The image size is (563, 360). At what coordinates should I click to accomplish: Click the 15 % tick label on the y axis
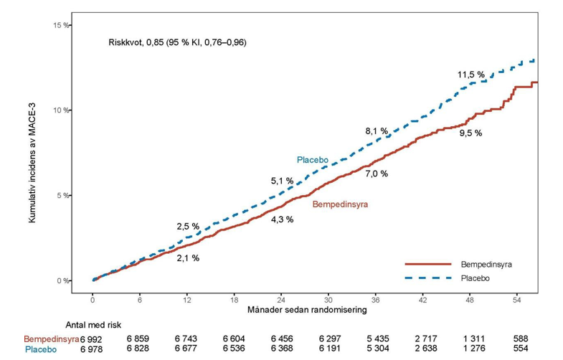(61, 26)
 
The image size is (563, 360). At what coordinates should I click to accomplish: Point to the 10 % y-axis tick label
(61, 110)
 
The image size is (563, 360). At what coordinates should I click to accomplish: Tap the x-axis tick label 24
(281, 300)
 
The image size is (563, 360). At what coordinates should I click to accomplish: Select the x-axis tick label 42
(422, 300)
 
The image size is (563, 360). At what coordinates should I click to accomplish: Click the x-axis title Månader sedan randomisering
(307, 309)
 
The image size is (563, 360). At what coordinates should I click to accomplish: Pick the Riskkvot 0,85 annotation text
(177, 42)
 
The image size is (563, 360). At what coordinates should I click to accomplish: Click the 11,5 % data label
(470, 75)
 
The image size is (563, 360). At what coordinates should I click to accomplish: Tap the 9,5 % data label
(470, 133)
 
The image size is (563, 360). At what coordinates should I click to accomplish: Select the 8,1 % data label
(377, 131)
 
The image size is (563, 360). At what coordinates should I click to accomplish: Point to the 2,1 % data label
(188, 258)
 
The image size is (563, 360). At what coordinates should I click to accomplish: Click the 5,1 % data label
(282, 181)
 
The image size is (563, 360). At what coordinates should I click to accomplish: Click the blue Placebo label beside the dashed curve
(313, 160)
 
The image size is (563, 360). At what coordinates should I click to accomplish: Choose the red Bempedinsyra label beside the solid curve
(340, 204)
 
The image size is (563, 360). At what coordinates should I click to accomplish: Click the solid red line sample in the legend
(428, 264)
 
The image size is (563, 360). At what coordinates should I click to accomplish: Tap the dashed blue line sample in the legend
(428, 278)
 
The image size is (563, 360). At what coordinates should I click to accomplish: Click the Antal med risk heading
(93, 325)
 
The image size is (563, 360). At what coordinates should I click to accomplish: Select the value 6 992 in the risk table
(91, 339)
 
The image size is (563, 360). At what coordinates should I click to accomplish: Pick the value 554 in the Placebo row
(521, 348)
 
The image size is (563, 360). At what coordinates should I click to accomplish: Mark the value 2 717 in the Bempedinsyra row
(426, 338)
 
